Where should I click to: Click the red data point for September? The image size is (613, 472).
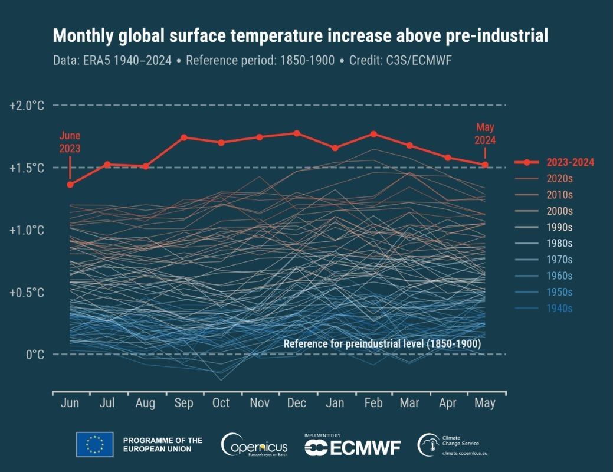[x=184, y=137]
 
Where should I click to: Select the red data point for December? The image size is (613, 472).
[x=297, y=133]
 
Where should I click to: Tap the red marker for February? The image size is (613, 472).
[x=373, y=134]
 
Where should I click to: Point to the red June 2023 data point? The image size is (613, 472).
[x=70, y=185]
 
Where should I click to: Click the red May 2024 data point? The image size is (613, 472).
[x=485, y=165]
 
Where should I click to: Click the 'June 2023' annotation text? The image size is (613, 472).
[x=70, y=142]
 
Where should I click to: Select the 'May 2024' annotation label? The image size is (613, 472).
[x=486, y=134]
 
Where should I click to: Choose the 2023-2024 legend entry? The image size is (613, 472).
[x=569, y=163]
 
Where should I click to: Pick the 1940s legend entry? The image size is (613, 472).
[x=559, y=308]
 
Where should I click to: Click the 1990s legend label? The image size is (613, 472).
[x=559, y=227]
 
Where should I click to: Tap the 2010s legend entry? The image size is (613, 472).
[x=559, y=195]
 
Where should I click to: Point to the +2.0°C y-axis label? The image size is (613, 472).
[x=27, y=106]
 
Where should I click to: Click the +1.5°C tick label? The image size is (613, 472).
[x=27, y=168]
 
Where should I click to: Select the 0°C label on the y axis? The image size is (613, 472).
[x=34, y=355]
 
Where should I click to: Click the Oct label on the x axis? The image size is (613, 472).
[x=221, y=404]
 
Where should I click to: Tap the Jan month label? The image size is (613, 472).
[x=335, y=404]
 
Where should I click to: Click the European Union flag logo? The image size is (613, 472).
[x=94, y=444]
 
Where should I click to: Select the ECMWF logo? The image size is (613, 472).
[x=352, y=448]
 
